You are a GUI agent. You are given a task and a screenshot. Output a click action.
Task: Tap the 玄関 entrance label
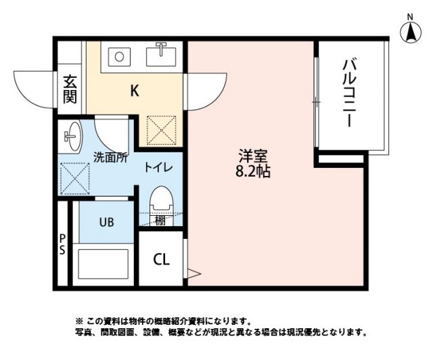click(x=70, y=89)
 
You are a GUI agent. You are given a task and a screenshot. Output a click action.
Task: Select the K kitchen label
click(x=135, y=91)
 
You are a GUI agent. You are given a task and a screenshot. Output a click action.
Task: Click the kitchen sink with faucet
click(x=161, y=53)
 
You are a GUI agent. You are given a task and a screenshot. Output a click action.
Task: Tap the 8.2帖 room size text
click(x=253, y=171)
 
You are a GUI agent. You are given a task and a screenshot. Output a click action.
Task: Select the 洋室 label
click(x=253, y=154)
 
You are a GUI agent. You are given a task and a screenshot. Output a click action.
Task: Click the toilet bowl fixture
click(x=160, y=201)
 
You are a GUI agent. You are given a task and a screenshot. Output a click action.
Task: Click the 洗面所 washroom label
click(x=110, y=157)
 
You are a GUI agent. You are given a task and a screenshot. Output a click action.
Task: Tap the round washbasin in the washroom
click(x=72, y=135)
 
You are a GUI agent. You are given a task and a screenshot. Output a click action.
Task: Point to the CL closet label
click(x=161, y=259)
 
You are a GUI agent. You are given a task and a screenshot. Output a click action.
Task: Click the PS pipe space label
click(x=62, y=244)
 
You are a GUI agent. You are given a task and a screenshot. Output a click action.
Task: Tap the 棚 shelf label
click(x=160, y=220)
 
